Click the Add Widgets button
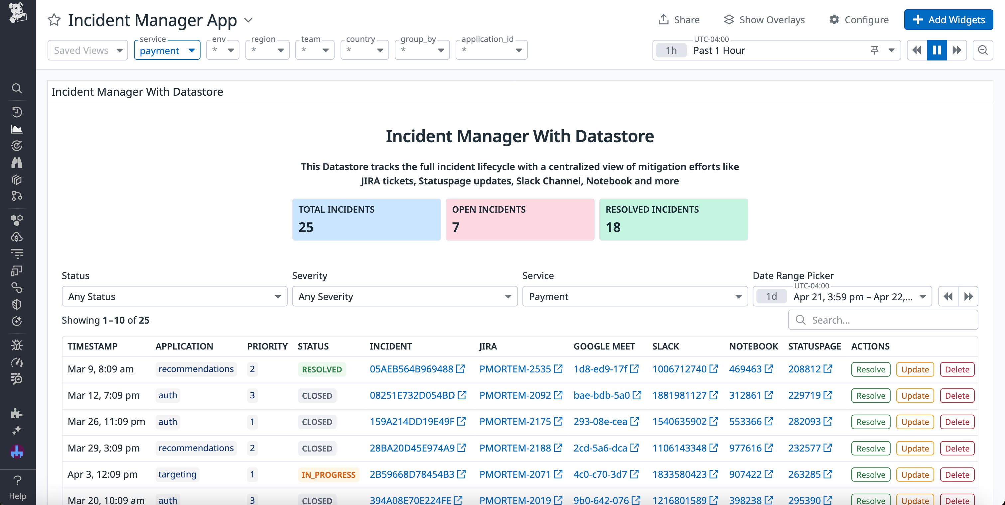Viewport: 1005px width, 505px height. point(948,20)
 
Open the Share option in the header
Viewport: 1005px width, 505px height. point(679,20)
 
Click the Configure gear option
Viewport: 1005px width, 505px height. point(859,20)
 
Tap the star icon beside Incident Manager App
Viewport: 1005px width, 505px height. point(54,20)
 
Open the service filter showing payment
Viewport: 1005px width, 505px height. point(167,50)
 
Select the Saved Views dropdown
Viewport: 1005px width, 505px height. point(88,50)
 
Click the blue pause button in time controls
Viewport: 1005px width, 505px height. point(937,50)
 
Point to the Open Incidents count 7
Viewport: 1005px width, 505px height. point(456,227)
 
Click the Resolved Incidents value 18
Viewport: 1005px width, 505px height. point(613,227)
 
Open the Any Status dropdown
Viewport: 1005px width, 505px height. point(174,297)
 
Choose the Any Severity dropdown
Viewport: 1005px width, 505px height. point(405,297)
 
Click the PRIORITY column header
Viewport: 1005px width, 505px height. point(267,347)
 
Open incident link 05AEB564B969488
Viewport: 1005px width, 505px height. point(412,369)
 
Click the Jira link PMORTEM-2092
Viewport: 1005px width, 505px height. point(515,395)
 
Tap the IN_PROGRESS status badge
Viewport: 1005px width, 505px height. point(329,475)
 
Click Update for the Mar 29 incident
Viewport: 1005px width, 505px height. point(915,449)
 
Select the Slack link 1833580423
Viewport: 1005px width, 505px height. point(679,474)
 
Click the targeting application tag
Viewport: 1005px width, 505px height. point(178,474)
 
